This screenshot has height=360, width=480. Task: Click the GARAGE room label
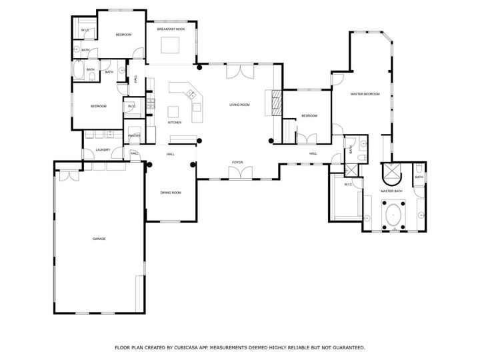99,239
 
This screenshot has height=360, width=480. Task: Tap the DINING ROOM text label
171,193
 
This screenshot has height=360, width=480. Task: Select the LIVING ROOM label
239,105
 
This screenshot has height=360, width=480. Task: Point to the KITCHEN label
175,123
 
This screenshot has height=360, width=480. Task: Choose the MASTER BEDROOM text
365,94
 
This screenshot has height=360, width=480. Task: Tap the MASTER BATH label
391,191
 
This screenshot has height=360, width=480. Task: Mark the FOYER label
237,162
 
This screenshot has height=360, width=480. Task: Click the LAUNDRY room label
102,150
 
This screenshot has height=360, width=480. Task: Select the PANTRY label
134,135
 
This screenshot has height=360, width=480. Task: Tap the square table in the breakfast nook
171,45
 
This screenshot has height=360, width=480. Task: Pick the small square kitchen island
173,111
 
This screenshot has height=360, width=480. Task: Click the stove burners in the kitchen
152,103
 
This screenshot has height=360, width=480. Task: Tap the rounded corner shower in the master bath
390,174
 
